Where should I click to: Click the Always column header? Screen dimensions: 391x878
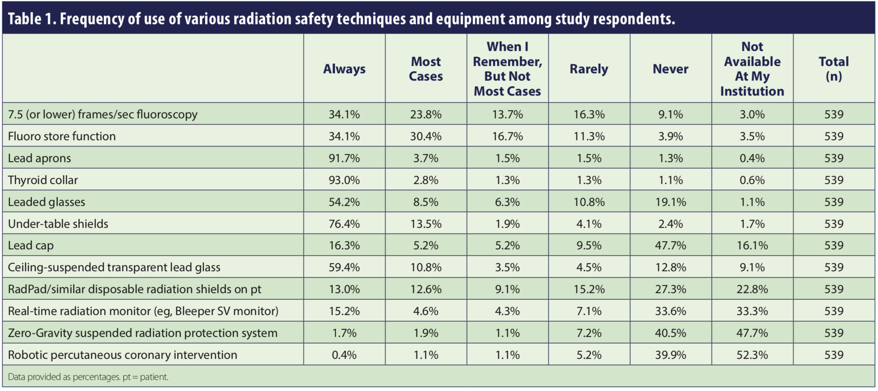tap(344, 69)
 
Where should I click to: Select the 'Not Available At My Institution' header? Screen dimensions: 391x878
tap(752, 69)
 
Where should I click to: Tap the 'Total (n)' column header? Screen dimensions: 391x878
tap(833, 69)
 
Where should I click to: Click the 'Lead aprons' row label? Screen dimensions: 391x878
tap(39, 158)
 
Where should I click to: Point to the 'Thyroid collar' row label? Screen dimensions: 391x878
tap(43, 180)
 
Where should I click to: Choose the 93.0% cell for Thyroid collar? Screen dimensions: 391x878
tap(344, 180)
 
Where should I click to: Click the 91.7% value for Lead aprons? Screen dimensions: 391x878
tap(344, 158)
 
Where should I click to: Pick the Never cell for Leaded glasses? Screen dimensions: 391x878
tap(670, 202)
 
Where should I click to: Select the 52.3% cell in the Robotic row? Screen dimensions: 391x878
tap(752, 355)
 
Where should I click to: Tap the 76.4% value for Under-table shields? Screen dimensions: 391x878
tap(344, 224)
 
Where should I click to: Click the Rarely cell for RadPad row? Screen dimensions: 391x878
tap(589, 289)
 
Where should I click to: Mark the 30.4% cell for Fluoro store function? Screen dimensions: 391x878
tap(426, 136)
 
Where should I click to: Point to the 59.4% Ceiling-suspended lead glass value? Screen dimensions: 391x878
tap(344, 267)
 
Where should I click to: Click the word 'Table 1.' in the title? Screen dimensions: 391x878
tap(32, 19)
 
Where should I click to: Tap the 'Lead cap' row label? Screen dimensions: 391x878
tap(31, 245)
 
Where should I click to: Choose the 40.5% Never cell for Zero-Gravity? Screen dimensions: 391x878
tap(670, 333)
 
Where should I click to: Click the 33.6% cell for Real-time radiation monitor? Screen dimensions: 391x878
tap(670, 311)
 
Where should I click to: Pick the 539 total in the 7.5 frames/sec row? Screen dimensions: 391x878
tap(833, 114)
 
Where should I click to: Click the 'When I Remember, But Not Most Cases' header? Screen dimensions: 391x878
tap(507, 69)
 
